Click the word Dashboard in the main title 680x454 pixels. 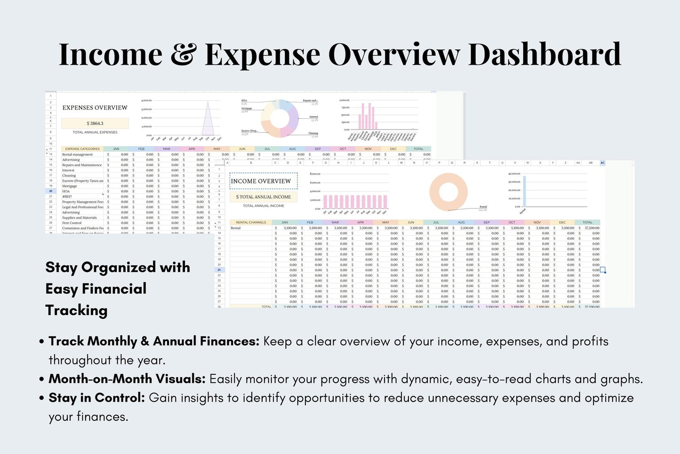[x=544, y=55]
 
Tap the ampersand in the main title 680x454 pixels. [x=183, y=55]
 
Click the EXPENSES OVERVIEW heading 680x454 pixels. [x=95, y=108]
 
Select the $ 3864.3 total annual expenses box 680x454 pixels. [x=95, y=123]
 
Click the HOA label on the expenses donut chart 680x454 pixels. [x=244, y=101]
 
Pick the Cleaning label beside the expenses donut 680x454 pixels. [x=313, y=133]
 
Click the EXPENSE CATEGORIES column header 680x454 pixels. [x=82, y=149]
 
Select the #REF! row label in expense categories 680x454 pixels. [x=67, y=196]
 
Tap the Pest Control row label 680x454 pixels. [x=72, y=223]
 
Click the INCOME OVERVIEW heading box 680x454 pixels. [x=261, y=181]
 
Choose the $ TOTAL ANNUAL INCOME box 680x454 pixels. [x=264, y=197]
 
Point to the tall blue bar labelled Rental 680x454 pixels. [x=524, y=191]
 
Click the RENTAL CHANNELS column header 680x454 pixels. [x=251, y=222]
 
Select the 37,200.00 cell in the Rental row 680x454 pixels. [x=592, y=228]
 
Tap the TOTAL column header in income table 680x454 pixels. [x=587, y=222]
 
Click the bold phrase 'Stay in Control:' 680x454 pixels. [x=96, y=398]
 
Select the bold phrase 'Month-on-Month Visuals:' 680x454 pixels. [x=127, y=379]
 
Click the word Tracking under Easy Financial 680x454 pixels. [x=76, y=310]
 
